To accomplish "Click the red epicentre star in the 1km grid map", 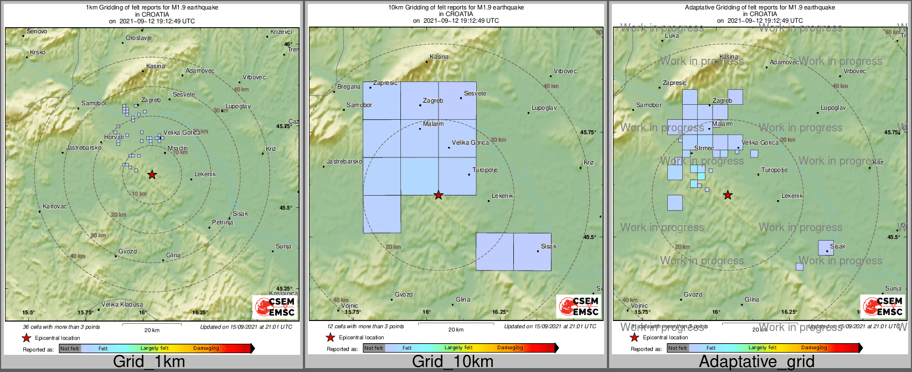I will [152, 175].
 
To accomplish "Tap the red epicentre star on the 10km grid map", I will [439, 195].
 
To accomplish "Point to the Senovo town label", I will [37, 32].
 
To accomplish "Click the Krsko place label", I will [38, 53].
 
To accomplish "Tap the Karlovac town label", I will [55, 207].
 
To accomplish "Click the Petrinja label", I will [223, 223].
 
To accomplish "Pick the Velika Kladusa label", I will [122, 304].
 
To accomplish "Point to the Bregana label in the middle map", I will [349, 87].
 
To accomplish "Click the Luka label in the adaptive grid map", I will [672, 36].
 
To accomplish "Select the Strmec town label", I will [704, 149].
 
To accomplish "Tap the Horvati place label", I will [114, 137].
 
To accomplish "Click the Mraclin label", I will [178, 149].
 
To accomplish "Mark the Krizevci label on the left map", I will [281, 32].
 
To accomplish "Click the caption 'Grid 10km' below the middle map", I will [452, 362].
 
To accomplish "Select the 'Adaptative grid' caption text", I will [756, 362].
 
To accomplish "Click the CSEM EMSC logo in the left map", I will [275, 307].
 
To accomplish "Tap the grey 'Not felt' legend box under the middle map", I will [374, 348].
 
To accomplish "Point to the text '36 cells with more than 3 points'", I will [61, 327].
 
